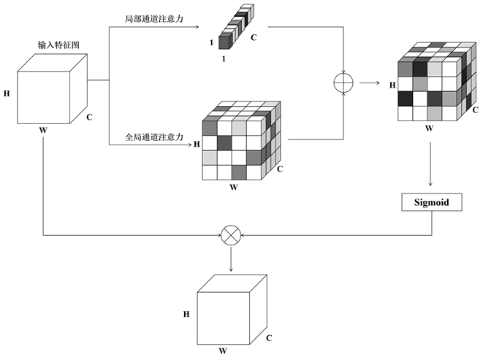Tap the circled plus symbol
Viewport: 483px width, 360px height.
342,83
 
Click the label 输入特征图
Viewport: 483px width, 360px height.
58,45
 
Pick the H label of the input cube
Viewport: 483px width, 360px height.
7,94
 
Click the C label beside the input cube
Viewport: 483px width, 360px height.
89,116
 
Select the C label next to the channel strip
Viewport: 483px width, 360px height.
253,37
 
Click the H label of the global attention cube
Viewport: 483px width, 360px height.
196,144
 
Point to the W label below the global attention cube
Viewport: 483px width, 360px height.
233,187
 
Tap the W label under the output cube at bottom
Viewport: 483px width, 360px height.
222,351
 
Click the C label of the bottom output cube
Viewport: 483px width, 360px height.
269,338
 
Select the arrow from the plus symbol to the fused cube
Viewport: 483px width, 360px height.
369,83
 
